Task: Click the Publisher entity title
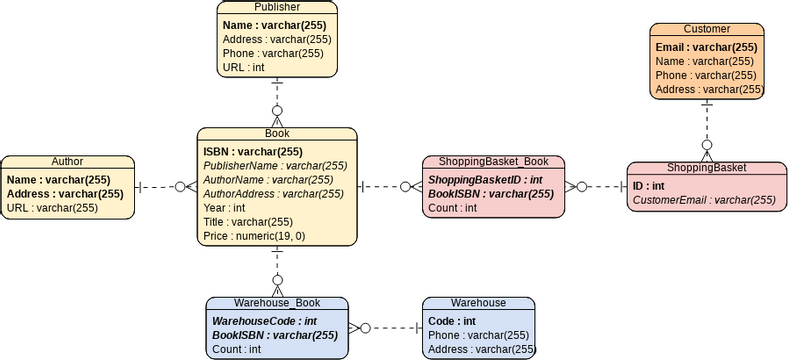277,7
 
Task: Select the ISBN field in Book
253,152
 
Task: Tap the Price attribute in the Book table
254,236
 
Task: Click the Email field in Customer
706,46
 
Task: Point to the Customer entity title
706,29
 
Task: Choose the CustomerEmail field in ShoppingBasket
703,200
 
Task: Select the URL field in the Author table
52,208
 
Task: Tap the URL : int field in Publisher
244,67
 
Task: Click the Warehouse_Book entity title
276,303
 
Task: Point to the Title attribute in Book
248,222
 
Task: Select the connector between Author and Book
165,186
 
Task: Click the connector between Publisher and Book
277,101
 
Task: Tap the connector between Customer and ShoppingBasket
707,130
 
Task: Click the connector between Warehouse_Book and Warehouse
385,328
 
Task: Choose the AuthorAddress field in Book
275,194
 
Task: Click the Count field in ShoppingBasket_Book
452,208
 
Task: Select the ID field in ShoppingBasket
649,186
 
